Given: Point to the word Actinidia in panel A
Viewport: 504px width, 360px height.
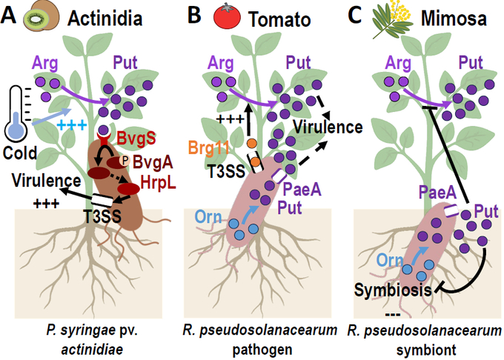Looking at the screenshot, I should [x=99, y=17].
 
